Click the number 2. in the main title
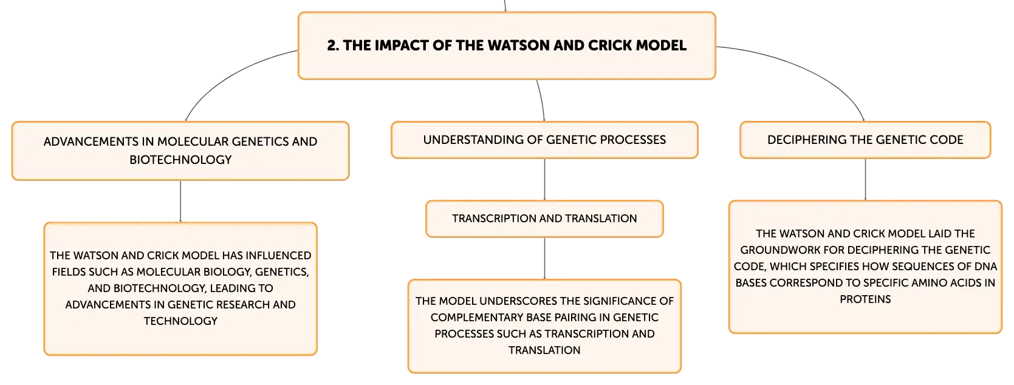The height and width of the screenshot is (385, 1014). (x=333, y=46)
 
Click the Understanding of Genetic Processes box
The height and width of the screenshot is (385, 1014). (x=544, y=140)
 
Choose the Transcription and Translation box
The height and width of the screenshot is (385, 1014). (x=544, y=219)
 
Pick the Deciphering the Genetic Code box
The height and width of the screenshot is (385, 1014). (x=865, y=140)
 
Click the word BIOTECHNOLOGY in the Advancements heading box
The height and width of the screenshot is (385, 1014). (x=180, y=160)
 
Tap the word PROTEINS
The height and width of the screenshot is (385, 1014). (x=865, y=299)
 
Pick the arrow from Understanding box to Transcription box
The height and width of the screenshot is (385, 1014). (x=544, y=179)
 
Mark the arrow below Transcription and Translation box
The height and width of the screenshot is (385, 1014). (x=544, y=258)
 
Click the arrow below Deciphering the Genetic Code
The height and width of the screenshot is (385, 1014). (x=865, y=179)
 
